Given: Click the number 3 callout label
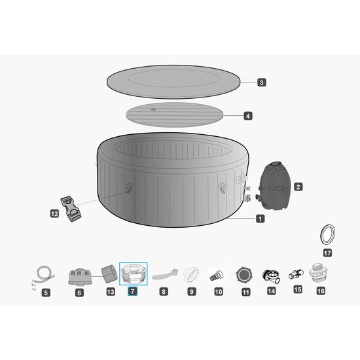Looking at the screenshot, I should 261,82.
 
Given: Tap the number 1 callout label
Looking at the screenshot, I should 261,219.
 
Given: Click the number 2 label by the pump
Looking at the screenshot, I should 298,187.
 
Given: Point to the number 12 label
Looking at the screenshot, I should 55,213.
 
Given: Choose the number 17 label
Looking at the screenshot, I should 327,251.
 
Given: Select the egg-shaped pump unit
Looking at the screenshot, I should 275,185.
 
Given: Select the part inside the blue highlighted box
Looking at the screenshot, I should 134,274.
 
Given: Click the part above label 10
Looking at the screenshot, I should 216,275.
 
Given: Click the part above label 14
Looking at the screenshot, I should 272,275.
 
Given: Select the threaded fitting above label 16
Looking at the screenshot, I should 320,272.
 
